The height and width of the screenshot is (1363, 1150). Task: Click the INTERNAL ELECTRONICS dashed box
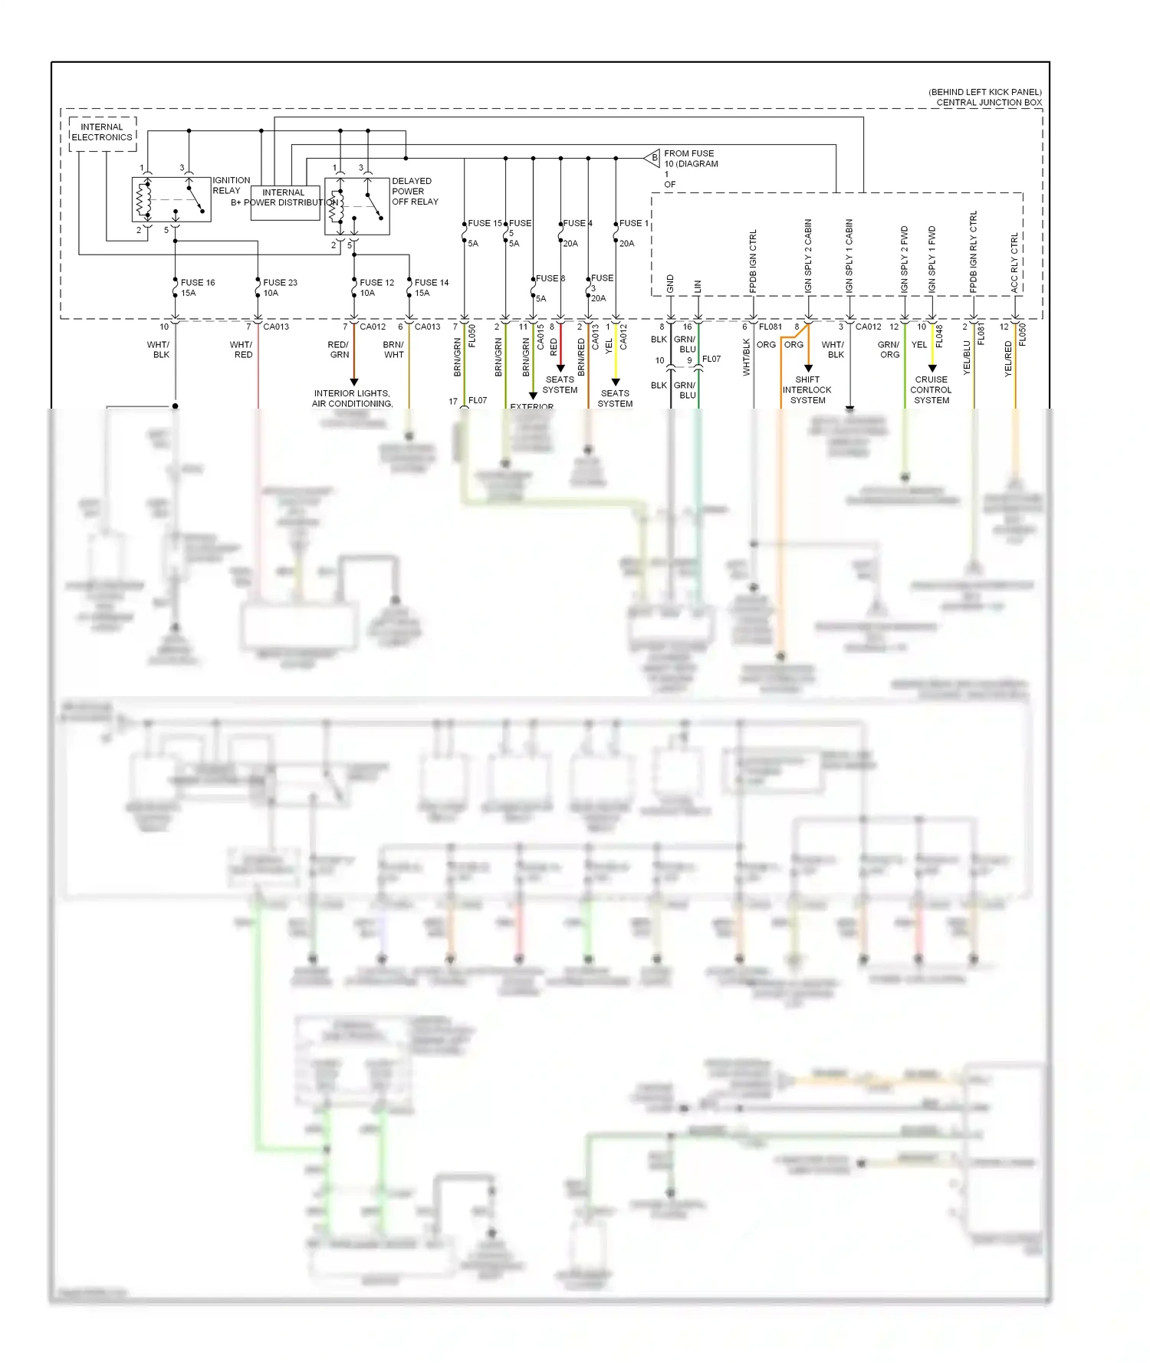(102, 133)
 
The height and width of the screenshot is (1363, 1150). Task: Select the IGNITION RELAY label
(231, 185)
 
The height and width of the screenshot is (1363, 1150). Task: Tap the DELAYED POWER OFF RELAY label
(415, 191)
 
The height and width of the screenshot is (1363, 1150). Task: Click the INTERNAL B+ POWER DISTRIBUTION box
(284, 202)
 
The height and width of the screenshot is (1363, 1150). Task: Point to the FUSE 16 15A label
(197, 287)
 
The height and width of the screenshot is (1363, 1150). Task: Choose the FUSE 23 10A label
(280, 287)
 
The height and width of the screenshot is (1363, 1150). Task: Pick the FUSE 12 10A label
(376, 287)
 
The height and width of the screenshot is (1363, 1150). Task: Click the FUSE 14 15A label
(431, 287)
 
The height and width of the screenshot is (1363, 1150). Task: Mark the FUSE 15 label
(485, 223)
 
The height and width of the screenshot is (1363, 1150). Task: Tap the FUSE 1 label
(633, 223)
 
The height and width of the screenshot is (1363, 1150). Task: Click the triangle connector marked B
(653, 158)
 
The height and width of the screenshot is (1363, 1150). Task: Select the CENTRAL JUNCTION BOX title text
(988, 102)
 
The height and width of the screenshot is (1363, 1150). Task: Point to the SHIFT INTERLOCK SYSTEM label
(807, 389)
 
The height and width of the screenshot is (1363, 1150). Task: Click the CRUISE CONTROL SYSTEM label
(931, 389)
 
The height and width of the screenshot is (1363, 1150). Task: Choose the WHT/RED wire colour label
(242, 350)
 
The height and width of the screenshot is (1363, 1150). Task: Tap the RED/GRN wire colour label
(339, 350)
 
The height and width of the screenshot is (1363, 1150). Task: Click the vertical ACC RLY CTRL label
(1014, 262)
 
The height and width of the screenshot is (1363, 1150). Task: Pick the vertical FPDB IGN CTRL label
(753, 261)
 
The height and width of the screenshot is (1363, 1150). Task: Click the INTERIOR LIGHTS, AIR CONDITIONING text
(352, 398)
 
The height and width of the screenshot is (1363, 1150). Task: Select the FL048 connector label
(939, 336)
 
